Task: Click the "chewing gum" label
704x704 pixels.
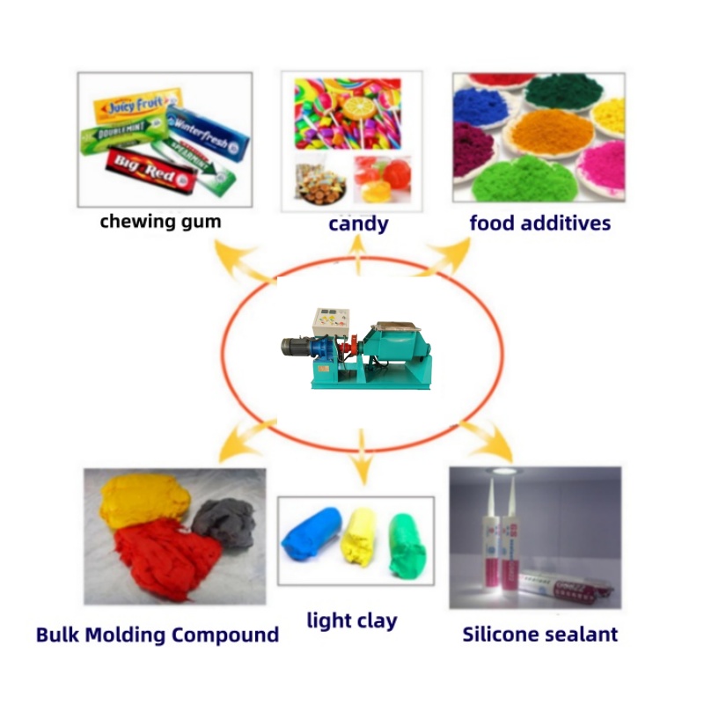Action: [160, 221]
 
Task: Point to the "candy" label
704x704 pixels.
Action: [358, 224]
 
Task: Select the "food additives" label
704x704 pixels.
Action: [539, 223]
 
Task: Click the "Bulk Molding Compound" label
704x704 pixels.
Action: [158, 634]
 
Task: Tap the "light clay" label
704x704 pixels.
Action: [352, 620]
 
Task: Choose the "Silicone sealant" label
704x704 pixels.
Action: [540, 634]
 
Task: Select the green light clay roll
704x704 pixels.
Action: [407, 544]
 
